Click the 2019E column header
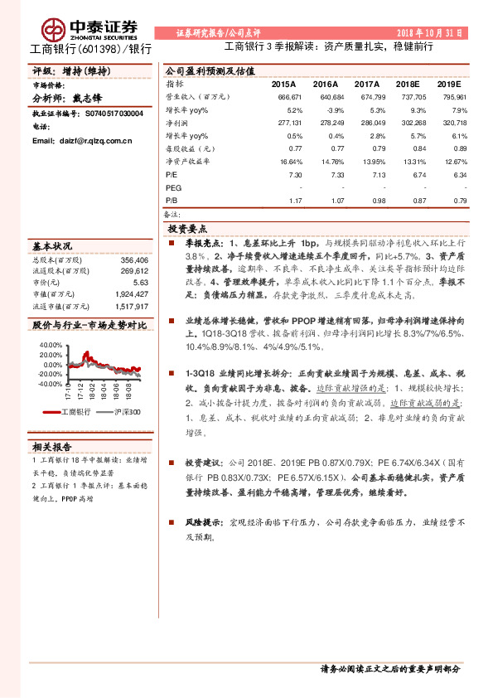448,85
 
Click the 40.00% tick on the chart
50,343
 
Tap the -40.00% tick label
49,384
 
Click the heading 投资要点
187,228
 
